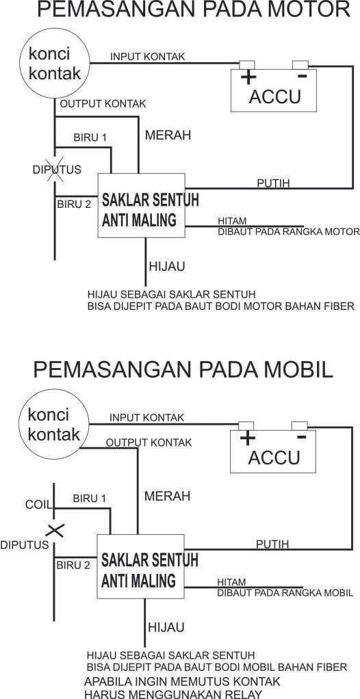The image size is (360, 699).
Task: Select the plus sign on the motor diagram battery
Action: [248, 78]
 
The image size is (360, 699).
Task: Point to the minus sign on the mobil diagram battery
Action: [302, 436]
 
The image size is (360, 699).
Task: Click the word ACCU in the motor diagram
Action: [275, 96]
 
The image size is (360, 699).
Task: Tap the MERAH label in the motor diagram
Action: [168, 135]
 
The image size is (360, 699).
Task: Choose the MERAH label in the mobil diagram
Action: [167, 496]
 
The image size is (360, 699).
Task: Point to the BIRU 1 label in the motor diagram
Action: [90, 137]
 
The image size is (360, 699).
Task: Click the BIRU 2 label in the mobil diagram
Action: [73, 565]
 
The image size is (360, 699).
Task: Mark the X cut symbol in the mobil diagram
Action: [55, 531]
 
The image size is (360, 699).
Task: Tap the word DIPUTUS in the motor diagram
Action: [57, 170]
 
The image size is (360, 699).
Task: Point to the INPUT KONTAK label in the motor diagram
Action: [147, 57]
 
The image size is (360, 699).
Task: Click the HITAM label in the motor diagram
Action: [232, 221]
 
